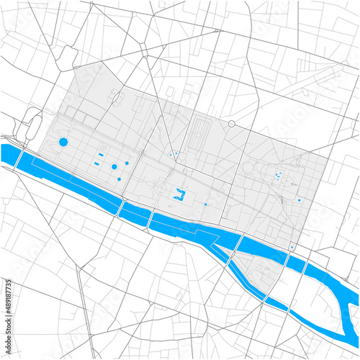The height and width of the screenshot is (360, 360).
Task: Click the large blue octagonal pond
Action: [x=63, y=142]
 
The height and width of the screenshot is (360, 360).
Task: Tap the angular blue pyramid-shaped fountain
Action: [x=179, y=194]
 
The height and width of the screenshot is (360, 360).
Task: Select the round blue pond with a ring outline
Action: [x=114, y=166]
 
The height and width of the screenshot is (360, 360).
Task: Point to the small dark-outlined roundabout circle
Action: [x=231, y=125]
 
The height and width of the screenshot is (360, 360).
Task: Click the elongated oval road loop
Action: [x=33, y=127]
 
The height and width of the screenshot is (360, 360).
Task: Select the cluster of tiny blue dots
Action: [x=279, y=177]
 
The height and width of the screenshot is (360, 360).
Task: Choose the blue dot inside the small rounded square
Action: [x=292, y=247]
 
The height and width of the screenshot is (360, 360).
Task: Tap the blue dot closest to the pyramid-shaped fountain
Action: [x=205, y=204]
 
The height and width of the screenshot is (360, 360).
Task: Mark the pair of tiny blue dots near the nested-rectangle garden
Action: [x=174, y=153]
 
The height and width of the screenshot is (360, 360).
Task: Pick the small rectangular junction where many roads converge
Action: [x=143, y=48]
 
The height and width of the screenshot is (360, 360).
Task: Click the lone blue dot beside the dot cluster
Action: [x=300, y=200]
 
